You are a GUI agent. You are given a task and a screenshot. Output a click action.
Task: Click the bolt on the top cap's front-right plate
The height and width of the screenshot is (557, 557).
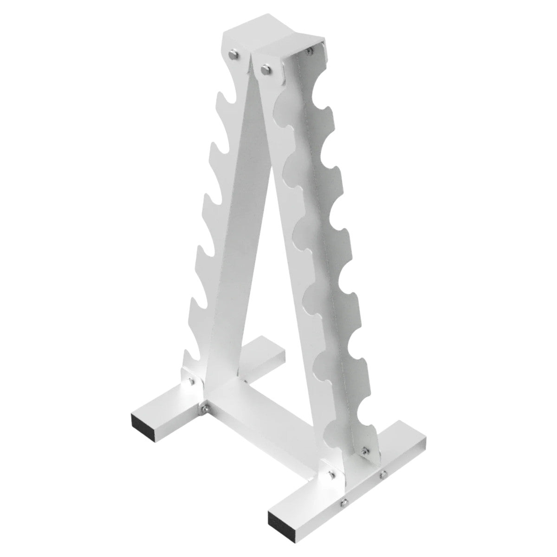265,70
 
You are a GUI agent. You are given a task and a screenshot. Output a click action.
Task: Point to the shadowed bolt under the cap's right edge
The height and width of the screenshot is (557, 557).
309,48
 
